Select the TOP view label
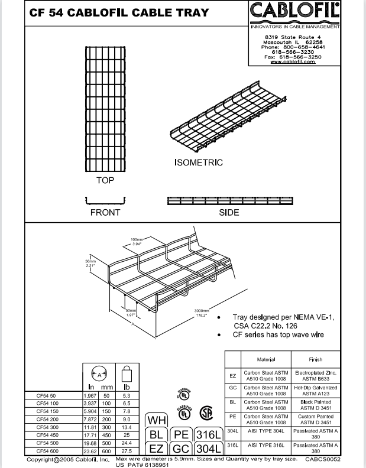105,180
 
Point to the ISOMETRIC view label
199,162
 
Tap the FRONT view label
105,212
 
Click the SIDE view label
229,212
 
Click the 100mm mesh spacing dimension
137,240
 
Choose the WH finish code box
157,421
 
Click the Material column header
266,359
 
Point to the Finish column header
316,359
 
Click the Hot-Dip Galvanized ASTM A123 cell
316,391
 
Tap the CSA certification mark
206,412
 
